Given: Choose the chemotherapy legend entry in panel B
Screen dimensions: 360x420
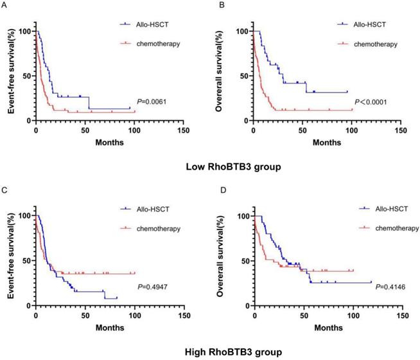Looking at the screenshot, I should point(375,44).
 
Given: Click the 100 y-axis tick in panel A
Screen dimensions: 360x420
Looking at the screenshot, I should point(25,31).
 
